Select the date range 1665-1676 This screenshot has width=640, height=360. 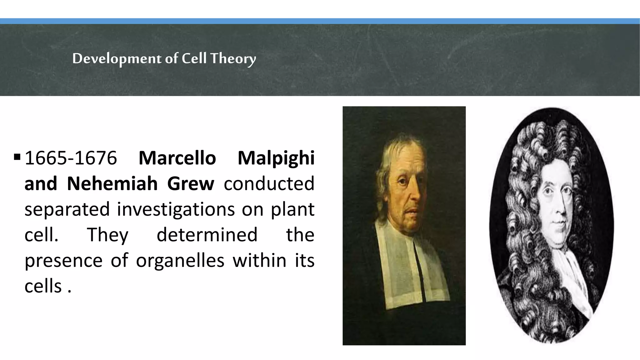(x=71, y=158)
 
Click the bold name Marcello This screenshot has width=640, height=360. (x=177, y=158)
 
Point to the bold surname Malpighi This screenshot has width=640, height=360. (x=276, y=158)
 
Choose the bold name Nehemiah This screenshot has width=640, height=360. (x=112, y=183)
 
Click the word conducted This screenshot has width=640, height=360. (x=269, y=183)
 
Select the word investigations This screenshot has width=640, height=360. (x=176, y=209)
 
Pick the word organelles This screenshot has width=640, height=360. (x=180, y=260)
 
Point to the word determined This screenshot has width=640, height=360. (x=207, y=235)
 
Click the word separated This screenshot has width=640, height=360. (x=67, y=209)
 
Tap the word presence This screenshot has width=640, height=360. (x=63, y=260)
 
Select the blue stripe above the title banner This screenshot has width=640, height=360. (x=320, y=21)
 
